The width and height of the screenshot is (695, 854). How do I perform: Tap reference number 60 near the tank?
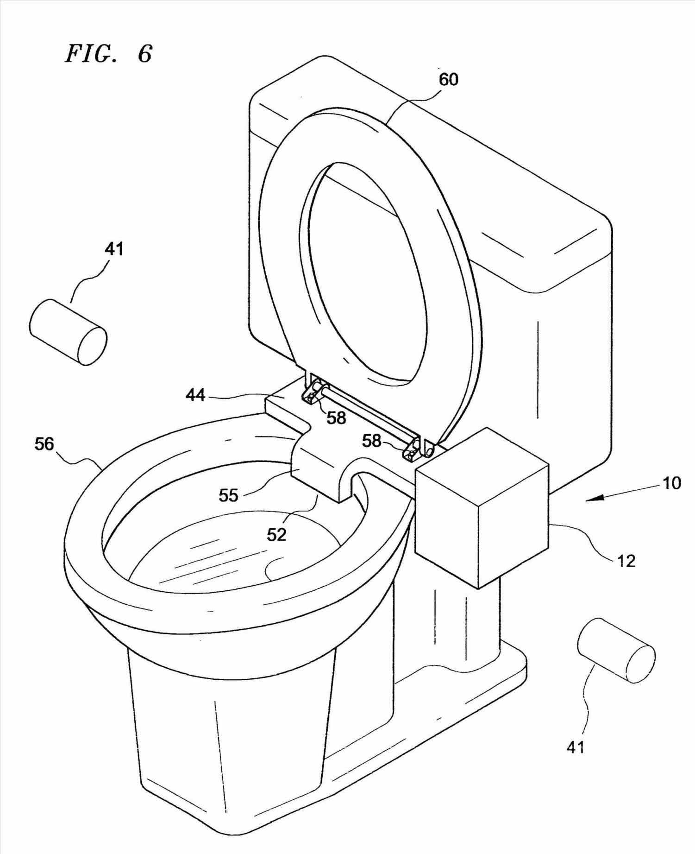448,80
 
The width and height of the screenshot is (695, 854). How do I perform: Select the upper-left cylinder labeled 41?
68,332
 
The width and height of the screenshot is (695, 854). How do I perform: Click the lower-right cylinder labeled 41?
616,650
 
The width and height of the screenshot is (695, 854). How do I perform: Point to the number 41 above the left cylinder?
114,249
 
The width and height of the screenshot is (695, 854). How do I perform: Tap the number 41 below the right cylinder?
576,747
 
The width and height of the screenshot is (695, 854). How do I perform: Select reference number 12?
626,561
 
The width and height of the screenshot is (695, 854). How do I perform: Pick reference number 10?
672,483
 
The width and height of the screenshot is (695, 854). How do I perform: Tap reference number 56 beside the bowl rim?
44,444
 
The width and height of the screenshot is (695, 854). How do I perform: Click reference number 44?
195,395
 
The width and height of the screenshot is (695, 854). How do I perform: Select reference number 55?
228,495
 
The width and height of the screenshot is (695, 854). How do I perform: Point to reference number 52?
276,534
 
